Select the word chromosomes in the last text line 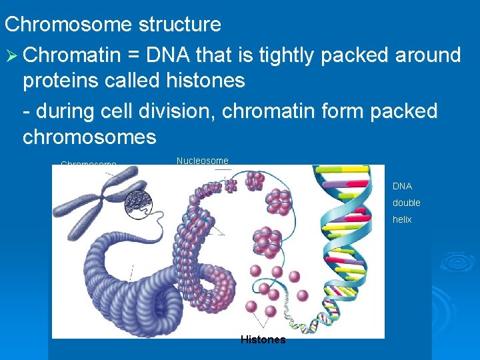point(89,137)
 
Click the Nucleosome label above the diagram point(202,161)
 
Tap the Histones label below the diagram point(263,340)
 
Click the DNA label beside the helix point(402,187)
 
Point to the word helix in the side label point(402,219)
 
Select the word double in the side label point(406,203)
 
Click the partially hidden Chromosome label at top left point(88,163)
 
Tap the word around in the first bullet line point(424,55)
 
